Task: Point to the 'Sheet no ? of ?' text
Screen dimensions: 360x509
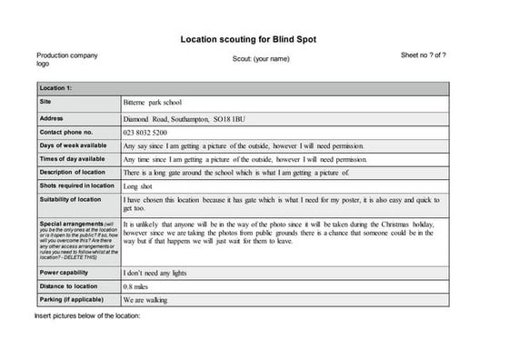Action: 423,55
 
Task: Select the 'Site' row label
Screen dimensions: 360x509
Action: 45,102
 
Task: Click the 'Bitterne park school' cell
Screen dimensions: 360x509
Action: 153,103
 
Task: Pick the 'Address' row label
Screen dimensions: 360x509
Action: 52,118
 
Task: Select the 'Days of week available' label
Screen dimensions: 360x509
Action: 73,145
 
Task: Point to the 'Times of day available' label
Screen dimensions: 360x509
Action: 73,159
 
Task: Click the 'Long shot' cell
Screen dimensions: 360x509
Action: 141,185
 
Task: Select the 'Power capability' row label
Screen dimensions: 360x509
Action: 65,272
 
